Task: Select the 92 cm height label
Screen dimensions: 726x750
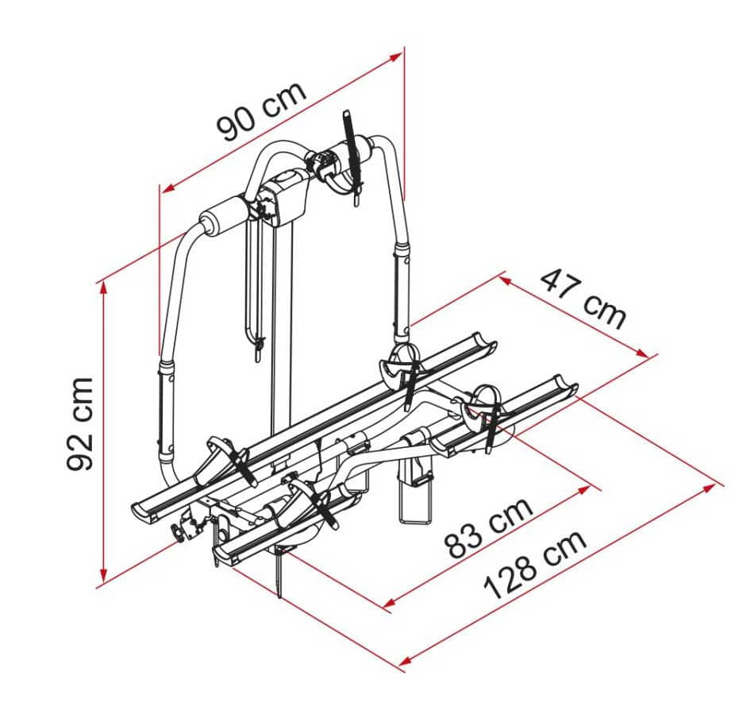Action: [x=81, y=423]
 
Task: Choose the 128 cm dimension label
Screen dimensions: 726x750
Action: [x=536, y=563]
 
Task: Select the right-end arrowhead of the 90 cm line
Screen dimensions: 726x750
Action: [x=398, y=57]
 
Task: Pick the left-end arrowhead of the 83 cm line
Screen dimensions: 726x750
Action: [x=388, y=605]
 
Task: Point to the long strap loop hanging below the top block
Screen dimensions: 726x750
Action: [x=253, y=286]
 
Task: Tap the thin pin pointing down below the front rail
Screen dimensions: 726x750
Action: [x=279, y=576]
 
